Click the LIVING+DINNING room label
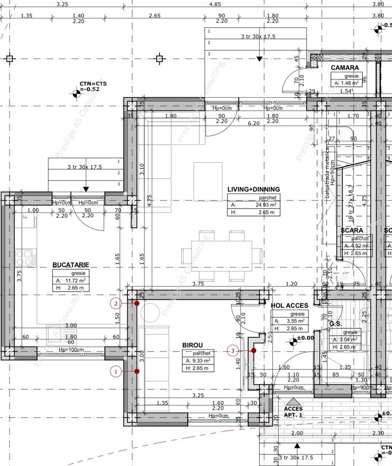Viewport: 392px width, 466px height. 253,189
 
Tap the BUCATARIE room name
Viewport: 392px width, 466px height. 71,264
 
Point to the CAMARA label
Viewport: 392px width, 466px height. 345,68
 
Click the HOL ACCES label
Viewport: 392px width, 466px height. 289,305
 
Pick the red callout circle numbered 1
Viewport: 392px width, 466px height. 116,371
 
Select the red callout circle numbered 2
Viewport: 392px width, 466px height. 116,303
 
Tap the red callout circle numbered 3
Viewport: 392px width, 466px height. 233,351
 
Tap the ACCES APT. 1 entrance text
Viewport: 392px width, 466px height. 293,411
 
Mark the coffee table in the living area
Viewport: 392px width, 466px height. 208,181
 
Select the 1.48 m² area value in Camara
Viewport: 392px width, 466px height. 352,83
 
